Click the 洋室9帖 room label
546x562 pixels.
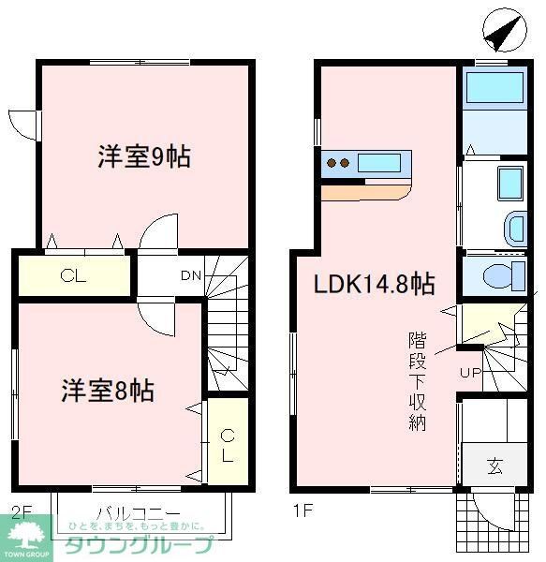(x=144, y=155)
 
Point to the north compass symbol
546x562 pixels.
(x=501, y=35)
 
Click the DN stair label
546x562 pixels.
(x=190, y=275)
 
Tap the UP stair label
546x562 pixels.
(x=470, y=374)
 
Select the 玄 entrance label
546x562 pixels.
(x=494, y=466)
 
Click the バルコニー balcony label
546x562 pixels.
(x=138, y=513)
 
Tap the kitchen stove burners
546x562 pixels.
(x=338, y=164)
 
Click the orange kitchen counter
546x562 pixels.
(x=366, y=191)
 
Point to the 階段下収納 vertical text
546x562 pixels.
(x=417, y=379)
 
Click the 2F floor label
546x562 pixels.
(x=21, y=512)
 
